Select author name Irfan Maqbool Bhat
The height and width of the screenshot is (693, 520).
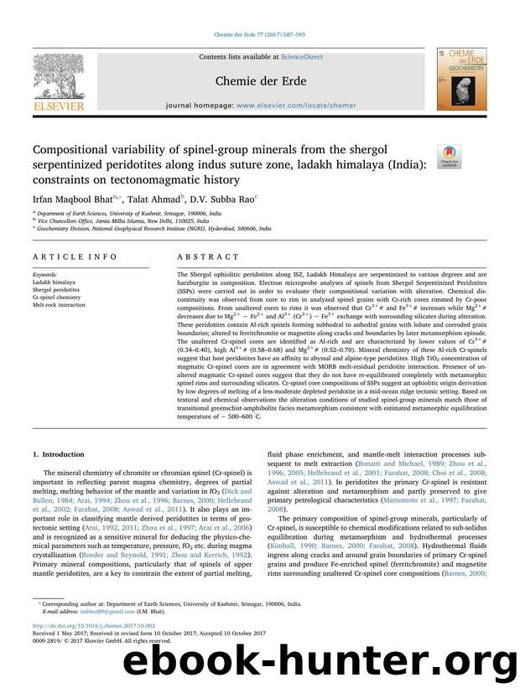pos(70,201)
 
